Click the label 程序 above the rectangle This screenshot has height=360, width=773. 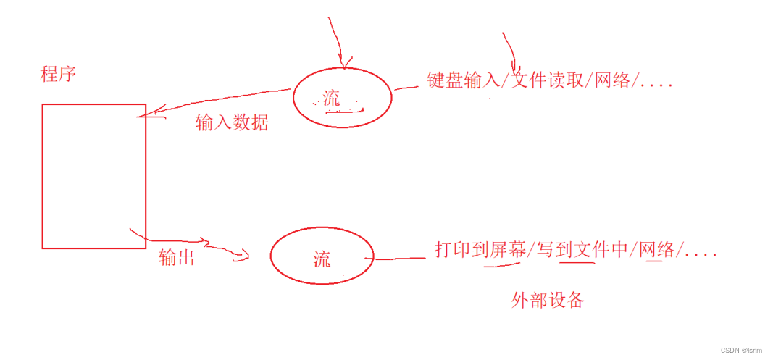58,74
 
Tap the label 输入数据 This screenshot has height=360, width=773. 232,123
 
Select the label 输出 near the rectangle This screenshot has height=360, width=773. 177,257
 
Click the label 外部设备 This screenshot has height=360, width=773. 547,301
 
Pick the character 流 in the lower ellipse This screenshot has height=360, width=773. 322,259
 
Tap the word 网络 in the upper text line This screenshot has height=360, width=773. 613,80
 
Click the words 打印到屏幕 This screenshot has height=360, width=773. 480,250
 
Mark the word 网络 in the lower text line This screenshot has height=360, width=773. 658,250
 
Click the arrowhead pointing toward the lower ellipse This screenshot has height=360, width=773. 245,255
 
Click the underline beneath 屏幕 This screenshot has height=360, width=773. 501,264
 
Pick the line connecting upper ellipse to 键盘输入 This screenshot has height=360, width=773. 407,87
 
